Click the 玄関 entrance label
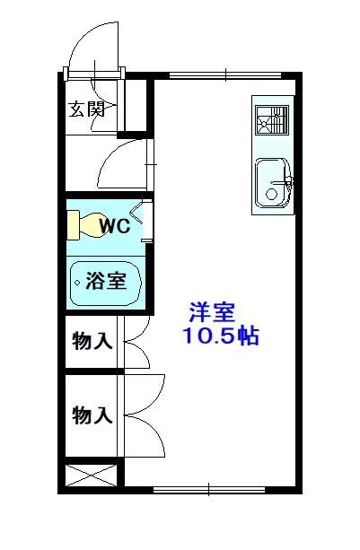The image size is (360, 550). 88,110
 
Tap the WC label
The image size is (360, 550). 114,225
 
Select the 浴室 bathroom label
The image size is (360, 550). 105,281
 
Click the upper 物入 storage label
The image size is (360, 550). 92,341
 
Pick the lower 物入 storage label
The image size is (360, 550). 92,415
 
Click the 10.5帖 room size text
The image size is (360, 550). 221,338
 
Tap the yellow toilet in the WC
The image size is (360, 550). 81,224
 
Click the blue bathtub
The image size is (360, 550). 105,282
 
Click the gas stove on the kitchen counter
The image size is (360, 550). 271,120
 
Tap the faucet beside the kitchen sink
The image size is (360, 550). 287,183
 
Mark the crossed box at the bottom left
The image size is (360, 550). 92,475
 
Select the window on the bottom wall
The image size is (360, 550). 208,489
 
